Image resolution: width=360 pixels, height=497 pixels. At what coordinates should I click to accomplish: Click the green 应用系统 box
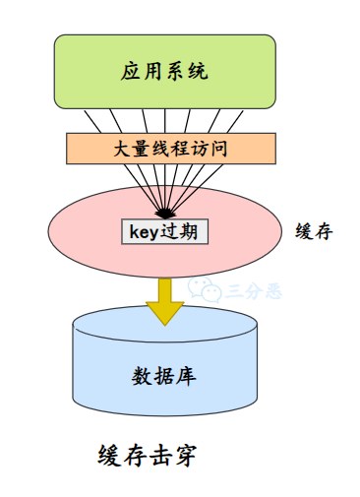(164, 72)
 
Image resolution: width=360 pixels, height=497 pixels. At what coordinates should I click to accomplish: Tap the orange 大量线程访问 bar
(164, 150)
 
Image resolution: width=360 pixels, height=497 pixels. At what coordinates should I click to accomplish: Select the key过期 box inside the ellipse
(164, 232)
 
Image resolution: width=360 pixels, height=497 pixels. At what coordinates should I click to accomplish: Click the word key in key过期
(145, 233)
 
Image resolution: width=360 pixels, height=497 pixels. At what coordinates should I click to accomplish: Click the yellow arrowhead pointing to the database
(164, 312)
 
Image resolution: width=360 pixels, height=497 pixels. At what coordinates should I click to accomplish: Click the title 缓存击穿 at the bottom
(150, 455)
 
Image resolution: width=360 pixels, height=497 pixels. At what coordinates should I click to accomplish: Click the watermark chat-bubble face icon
(205, 288)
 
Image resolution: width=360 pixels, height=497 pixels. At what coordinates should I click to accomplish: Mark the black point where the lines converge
(164, 213)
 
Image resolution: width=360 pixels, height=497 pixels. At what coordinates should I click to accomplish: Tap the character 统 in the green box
(198, 72)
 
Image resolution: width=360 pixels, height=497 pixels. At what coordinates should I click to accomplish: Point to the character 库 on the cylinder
(186, 376)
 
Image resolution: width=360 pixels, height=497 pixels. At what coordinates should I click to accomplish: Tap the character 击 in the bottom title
(161, 455)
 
